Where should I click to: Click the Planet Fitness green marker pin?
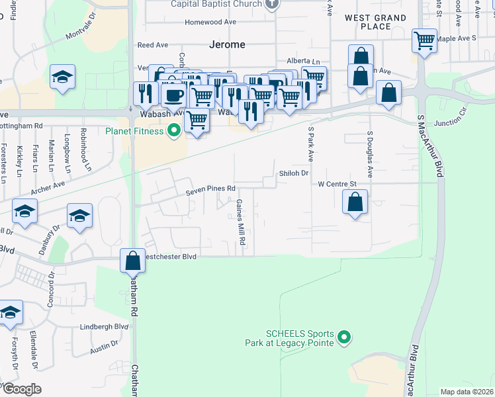(175, 130)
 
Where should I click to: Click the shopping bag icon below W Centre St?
(355, 202)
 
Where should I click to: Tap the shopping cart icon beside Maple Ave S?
(424, 40)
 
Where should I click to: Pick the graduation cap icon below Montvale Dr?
(62, 77)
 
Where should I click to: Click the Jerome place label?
(227, 45)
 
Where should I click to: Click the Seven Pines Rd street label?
(210, 189)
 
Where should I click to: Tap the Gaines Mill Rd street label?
(241, 223)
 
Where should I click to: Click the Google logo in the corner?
(22, 388)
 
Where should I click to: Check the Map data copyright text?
(467, 392)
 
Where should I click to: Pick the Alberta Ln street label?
(303, 61)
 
